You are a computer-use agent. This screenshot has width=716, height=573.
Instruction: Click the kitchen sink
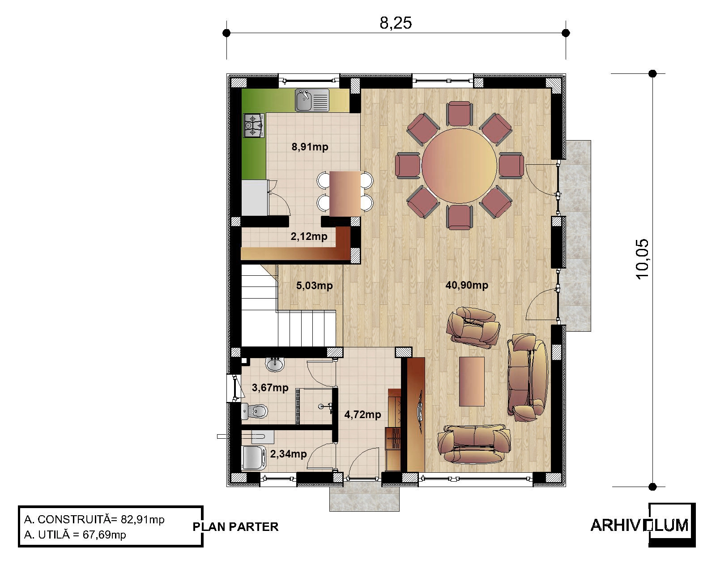pos(312,100)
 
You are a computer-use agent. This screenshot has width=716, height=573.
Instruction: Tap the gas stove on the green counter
pos(254,125)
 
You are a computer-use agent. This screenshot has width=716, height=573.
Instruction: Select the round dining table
pos(459,166)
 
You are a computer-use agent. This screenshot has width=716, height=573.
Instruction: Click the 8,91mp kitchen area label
pos(310,147)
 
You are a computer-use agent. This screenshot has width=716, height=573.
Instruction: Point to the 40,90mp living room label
pos(467,285)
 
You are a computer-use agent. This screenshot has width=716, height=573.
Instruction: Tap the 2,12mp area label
pos(309,236)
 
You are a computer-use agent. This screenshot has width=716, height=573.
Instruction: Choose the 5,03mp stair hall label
pos(315,286)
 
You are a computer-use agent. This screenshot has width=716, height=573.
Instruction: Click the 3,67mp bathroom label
pos(270,388)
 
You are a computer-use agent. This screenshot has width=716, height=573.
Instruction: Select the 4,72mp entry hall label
pos(362,415)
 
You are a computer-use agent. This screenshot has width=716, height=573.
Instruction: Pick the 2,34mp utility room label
pos(289,454)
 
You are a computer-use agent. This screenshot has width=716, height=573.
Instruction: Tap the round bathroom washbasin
pos(274,364)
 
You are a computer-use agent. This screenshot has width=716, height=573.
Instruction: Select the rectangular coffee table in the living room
pos(472,381)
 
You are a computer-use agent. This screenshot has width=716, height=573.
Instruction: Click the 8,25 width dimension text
pos(396,23)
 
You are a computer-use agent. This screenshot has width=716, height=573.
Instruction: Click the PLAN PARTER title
pos(235,527)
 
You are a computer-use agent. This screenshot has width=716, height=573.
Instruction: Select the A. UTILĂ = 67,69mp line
pos(75,535)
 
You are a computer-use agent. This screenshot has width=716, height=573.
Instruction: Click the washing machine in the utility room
pos(253,458)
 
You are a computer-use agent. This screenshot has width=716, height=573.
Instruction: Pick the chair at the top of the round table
pos(459,114)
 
